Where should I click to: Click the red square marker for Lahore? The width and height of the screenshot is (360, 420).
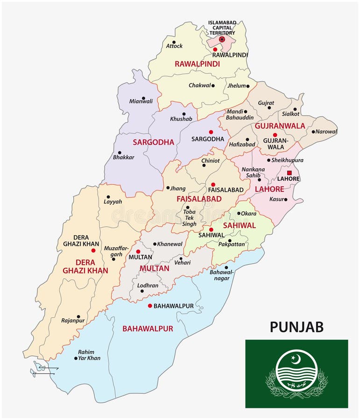click(x=289, y=173)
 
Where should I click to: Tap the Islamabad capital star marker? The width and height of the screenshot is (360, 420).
click(x=222, y=40)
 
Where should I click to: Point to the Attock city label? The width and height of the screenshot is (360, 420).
click(x=174, y=46)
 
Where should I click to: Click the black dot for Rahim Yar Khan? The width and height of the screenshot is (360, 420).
click(x=76, y=358)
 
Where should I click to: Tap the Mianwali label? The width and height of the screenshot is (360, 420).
click(x=141, y=101)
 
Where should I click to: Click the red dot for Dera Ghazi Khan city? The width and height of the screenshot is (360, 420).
click(x=93, y=251)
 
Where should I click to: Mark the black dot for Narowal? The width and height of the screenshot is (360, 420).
click(x=313, y=132)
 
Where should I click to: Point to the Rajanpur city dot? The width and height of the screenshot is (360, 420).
click(x=78, y=316)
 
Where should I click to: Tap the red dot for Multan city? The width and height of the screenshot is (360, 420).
click(x=138, y=251)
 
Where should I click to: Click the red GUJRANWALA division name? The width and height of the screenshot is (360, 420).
click(x=280, y=126)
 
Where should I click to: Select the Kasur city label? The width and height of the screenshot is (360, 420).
click(x=276, y=199)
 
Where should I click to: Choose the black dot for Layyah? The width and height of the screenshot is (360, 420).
click(x=108, y=197)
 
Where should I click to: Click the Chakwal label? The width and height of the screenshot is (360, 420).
click(x=199, y=85)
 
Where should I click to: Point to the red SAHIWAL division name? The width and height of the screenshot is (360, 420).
click(x=239, y=225)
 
